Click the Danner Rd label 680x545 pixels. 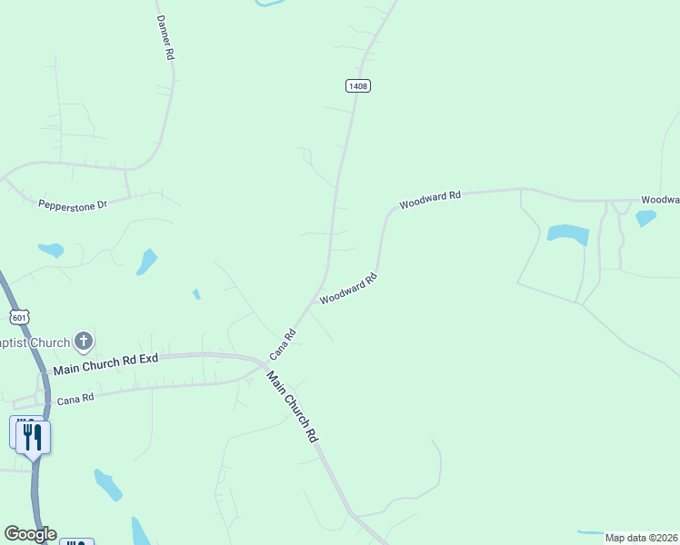click(x=165, y=37)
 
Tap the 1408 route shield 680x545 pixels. click(x=358, y=85)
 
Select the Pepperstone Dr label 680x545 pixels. click(x=73, y=204)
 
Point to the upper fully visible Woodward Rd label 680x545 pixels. click(x=430, y=198)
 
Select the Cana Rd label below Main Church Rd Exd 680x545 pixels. click(x=75, y=399)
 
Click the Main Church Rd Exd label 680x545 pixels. click(x=106, y=364)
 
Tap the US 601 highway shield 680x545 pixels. click(x=20, y=316)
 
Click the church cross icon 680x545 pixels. click(x=84, y=342)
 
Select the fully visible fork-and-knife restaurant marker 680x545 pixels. click(x=33, y=436)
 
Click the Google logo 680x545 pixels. click(x=30, y=534)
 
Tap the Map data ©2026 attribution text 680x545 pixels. click(x=641, y=538)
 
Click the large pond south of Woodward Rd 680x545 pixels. click(x=568, y=233)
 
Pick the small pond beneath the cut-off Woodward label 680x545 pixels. click(x=645, y=217)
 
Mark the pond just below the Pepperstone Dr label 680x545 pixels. click(x=51, y=249)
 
